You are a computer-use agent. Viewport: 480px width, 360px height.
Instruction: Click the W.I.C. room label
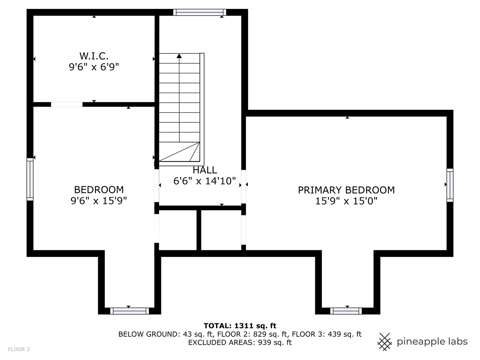(94, 56)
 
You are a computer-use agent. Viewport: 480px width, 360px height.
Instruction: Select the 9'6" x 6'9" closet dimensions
(94, 67)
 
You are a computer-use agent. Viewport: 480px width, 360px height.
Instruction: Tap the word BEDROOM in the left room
(99, 190)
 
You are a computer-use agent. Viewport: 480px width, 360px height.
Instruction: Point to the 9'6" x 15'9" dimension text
(99, 200)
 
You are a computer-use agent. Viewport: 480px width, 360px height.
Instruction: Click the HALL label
(205, 170)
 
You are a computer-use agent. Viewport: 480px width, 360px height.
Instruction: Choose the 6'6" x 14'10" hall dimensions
(205, 181)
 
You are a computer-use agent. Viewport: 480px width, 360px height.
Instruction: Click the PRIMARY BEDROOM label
(346, 190)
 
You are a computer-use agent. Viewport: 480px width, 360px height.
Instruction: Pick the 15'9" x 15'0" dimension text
(346, 201)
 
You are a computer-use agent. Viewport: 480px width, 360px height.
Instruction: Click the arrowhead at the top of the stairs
(179, 56)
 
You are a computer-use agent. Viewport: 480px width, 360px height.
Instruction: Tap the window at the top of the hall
(200, 12)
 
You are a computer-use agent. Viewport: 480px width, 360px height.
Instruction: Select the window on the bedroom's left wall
(30, 179)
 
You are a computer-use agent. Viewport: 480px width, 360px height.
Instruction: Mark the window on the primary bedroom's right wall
(450, 185)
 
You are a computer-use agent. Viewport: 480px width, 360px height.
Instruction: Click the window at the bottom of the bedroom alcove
(129, 311)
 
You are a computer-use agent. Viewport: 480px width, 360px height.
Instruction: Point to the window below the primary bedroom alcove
(346, 311)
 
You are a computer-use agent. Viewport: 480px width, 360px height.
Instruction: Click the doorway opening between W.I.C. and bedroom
(67, 104)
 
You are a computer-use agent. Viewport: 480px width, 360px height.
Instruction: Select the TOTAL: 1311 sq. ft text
(240, 326)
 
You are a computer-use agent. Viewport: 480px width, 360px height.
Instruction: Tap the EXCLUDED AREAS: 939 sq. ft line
(240, 342)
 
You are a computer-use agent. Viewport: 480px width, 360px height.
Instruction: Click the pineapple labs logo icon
(385, 342)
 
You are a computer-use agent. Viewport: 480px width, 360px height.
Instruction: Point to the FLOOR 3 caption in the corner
(19, 349)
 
